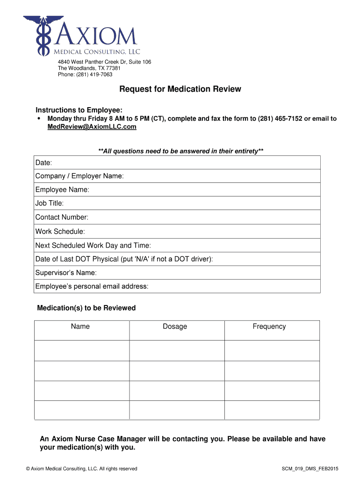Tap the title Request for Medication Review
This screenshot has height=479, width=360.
(x=180, y=89)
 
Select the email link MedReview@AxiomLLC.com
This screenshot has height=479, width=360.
(x=92, y=127)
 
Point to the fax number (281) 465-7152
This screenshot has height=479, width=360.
(x=280, y=119)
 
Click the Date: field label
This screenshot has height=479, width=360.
(x=43, y=163)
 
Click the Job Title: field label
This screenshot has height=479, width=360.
(x=50, y=203)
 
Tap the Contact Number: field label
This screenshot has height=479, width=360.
(x=62, y=218)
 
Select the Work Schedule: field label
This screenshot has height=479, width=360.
(x=60, y=232)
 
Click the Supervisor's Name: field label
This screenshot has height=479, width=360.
(x=66, y=273)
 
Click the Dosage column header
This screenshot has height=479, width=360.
(x=175, y=327)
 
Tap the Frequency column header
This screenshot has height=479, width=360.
(x=269, y=327)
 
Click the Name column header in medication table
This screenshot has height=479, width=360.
(x=80, y=327)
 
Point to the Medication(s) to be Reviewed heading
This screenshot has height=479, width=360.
(x=86, y=308)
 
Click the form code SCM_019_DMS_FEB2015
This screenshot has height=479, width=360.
(x=310, y=469)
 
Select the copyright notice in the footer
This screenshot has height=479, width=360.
(x=82, y=469)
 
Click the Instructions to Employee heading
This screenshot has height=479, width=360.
(x=79, y=110)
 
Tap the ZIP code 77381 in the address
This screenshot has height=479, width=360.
(x=113, y=68)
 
